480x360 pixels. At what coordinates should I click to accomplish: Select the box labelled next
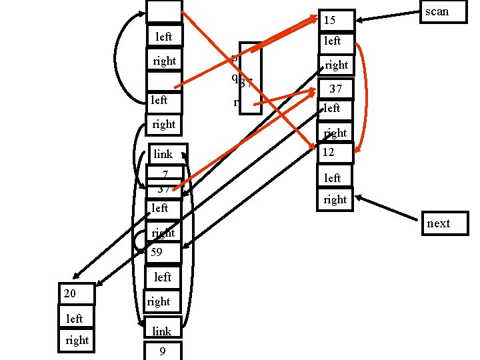tap(444, 223)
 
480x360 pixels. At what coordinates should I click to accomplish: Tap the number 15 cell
tap(337, 21)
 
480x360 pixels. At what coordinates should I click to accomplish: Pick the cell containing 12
tap(337, 153)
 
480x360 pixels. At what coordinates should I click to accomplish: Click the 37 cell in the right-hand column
tap(336, 89)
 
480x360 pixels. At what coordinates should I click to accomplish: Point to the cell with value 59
tap(162, 253)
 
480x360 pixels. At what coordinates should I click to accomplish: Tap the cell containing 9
tap(162, 351)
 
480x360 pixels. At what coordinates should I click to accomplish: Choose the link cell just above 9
tap(162, 331)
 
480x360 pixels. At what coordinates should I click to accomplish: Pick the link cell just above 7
tap(164, 154)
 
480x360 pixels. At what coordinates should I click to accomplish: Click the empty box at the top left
tap(164, 11)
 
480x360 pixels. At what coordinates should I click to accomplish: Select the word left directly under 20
tap(74, 319)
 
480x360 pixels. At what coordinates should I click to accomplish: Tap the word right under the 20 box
tap(77, 340)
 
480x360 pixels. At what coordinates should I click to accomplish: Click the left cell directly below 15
tap(333, 41)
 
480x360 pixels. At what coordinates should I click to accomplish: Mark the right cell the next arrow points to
tap(335, 199)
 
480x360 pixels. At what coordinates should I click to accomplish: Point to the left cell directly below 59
tap(163, 277)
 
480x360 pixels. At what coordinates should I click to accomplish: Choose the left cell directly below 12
tap(333, 178)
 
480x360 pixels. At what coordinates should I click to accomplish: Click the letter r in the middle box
tap(237, 103)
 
